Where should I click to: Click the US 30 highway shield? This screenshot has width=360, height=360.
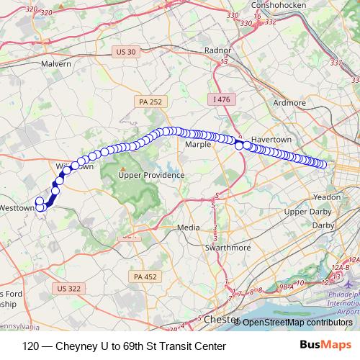[125, 51]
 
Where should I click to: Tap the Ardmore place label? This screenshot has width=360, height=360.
[290, 103]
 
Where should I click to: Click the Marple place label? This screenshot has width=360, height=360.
[198, 144]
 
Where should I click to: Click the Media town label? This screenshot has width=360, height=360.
[188, 228]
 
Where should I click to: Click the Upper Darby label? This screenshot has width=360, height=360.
[306, 212]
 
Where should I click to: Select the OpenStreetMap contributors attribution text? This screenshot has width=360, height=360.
[297, 323]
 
